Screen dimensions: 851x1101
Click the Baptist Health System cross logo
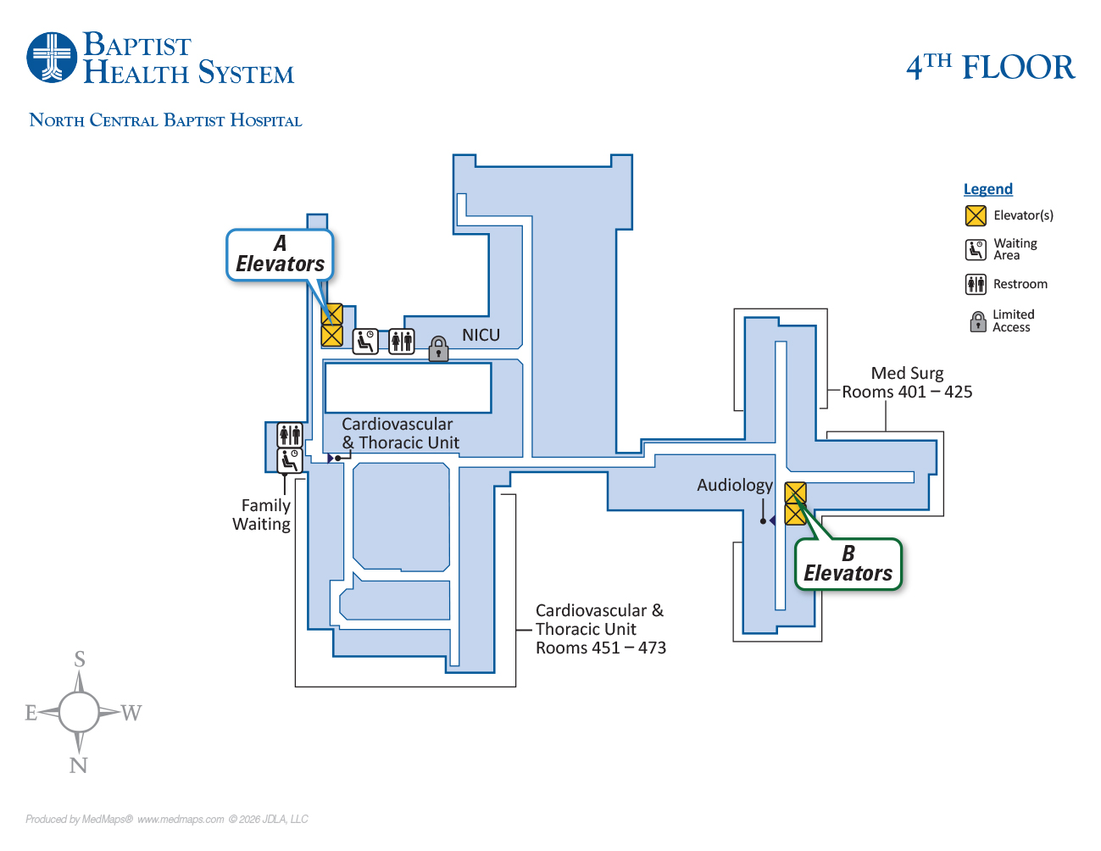tap(53, 58)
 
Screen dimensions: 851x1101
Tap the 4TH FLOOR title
tap(990, 67)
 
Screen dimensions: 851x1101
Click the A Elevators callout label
tap(280, 254)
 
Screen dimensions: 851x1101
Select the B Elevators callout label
tap(848, 565)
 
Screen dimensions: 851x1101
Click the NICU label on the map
tap(481, 336)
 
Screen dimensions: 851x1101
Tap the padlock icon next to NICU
tap(438, 348)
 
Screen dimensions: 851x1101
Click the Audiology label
tap(734, 485)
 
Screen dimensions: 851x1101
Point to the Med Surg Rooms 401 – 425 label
tap(907, 382)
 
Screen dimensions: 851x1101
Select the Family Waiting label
tap(262, 514)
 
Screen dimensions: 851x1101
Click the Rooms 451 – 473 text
tap(600, 648)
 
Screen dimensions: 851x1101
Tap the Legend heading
tap(987, 189)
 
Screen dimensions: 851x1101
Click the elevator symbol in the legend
tap(976, 215)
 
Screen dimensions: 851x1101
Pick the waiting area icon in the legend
tap(976, 249)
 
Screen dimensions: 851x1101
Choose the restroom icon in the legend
tap(976, 284)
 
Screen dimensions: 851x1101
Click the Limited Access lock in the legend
tap(977, 321)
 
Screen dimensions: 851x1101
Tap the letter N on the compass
tap(78, 765)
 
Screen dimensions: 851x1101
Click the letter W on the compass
tap(131, 713)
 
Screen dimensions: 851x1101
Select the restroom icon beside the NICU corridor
tap(402, 341)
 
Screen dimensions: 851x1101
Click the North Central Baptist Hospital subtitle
tap(165, 120)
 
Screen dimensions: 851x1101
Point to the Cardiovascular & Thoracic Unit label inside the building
tap(399, 433)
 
